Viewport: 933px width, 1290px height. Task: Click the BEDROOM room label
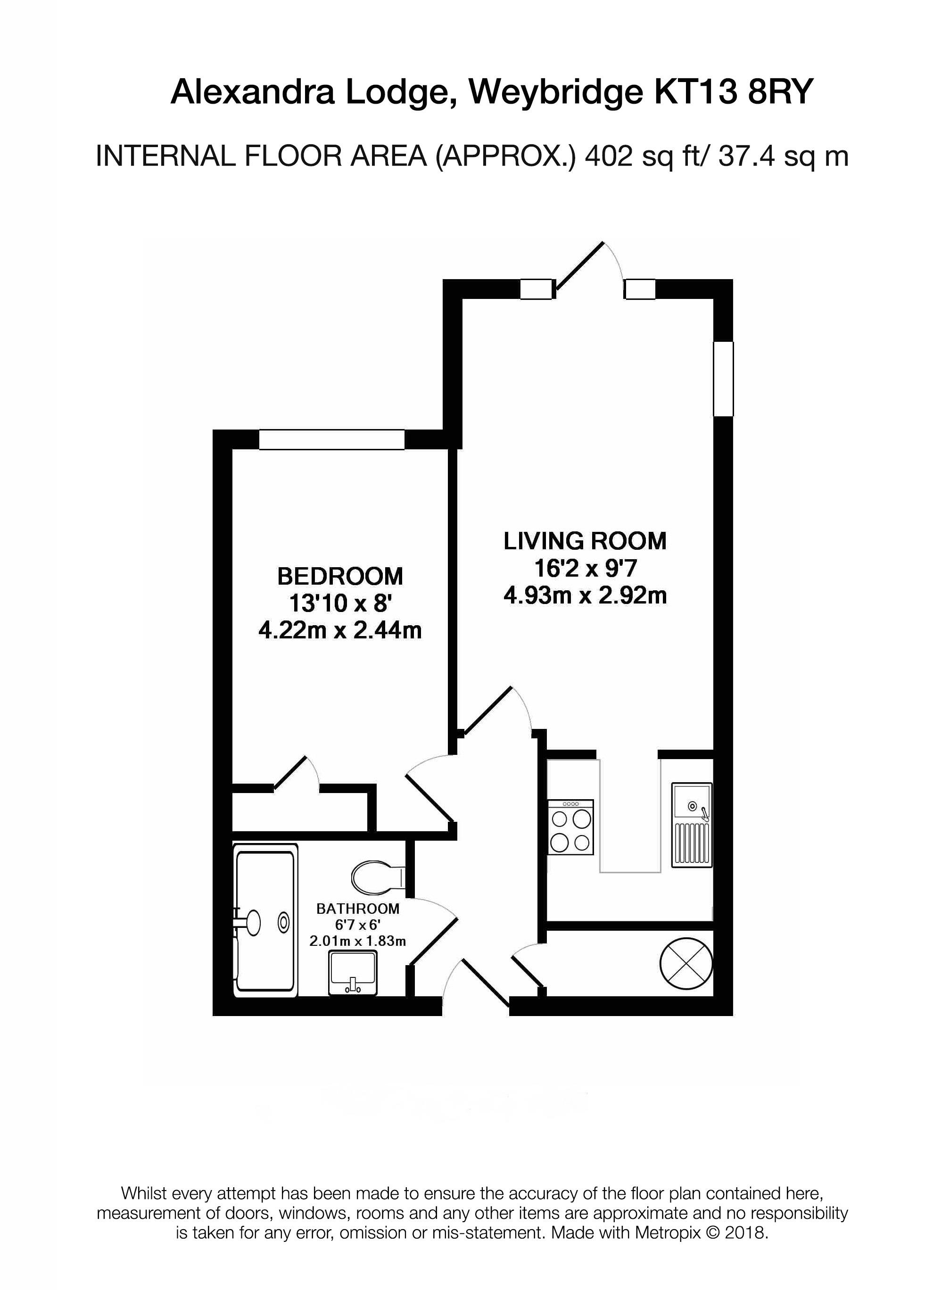click(x=339, y=577)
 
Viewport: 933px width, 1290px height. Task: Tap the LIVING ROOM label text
click(x=585, y=541)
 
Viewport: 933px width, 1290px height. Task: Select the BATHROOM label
click(x=358, y=909)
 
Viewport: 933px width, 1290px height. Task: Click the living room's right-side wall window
click(x=723, y=379)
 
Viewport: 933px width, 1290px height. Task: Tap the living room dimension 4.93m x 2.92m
click(x=585, y=595)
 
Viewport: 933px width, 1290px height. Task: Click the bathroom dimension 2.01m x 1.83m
click(x=358, y=941)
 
